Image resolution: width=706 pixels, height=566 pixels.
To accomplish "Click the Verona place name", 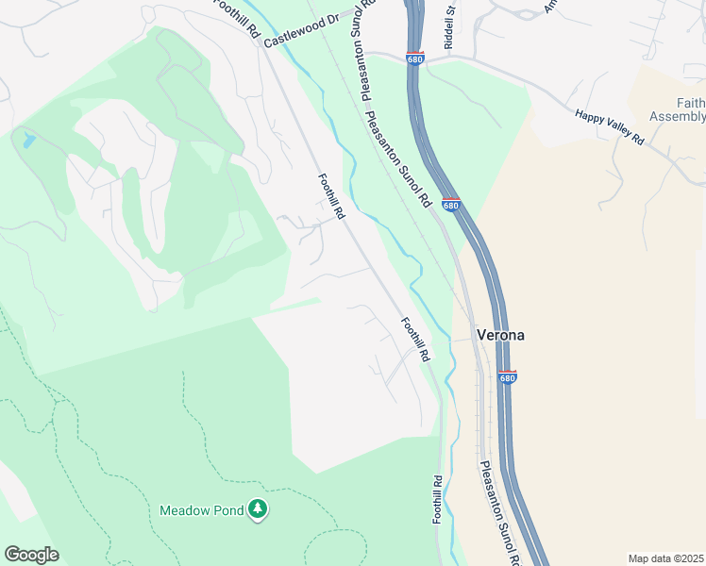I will point(500,335).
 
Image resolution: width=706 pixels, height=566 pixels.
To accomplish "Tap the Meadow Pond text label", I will point(198,510).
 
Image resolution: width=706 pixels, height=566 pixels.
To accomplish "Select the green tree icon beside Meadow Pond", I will point(258,510).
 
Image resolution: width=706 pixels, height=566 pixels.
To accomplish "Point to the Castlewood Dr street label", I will point(301,31).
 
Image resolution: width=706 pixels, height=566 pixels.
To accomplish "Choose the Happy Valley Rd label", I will point(610,126).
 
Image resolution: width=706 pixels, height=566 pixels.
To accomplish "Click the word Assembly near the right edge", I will point(678,116).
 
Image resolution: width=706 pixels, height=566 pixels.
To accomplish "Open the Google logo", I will point(31,555).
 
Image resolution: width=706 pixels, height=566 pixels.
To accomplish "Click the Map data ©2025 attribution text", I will point(664,558).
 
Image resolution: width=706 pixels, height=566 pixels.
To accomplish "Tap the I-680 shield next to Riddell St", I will point(415,58).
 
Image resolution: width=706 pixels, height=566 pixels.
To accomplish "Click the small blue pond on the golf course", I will point(29,142).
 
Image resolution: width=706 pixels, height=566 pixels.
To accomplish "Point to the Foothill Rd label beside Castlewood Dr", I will point(237,19).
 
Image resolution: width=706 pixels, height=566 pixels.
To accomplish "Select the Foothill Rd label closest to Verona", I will point(415,340).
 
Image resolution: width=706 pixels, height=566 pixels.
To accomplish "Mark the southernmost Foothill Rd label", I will point(438,499).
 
